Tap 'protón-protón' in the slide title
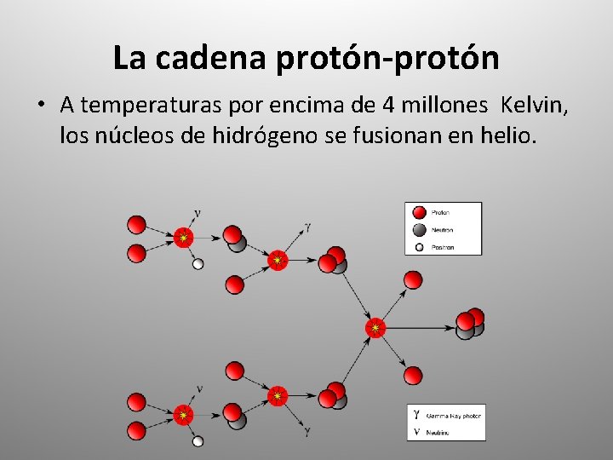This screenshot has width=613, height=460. [x=387, y=58]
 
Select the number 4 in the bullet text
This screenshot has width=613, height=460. [x=389, y=106]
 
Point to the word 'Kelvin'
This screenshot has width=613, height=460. [x=531, y=106]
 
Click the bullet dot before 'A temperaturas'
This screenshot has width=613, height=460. [x=39, y=106]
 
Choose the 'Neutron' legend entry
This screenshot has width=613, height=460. [x=441, y=230]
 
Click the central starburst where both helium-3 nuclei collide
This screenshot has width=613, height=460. [x=375, y=328]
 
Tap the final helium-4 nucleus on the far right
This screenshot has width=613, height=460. [x=469, y=323]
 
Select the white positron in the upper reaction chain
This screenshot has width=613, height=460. [x=198, y=264]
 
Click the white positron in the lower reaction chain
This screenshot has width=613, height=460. [x=198, y=440]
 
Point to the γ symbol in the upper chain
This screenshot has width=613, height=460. [x=307, y=227]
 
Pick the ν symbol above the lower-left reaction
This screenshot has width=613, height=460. [x=198, y=389]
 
